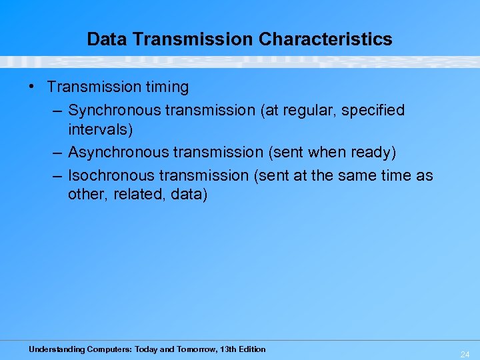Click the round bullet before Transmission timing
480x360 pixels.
33,87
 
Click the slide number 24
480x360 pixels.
465,355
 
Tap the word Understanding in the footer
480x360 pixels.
57,349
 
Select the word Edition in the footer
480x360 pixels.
249,349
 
